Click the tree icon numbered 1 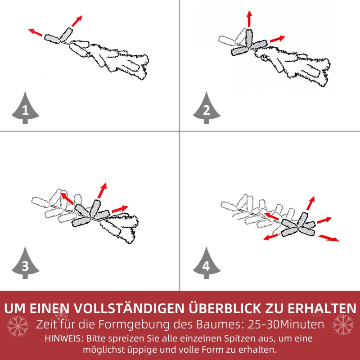25,108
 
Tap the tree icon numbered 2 207,108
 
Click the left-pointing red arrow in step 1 36,32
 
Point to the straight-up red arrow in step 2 249,19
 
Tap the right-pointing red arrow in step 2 277,39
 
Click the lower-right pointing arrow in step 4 328,238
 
